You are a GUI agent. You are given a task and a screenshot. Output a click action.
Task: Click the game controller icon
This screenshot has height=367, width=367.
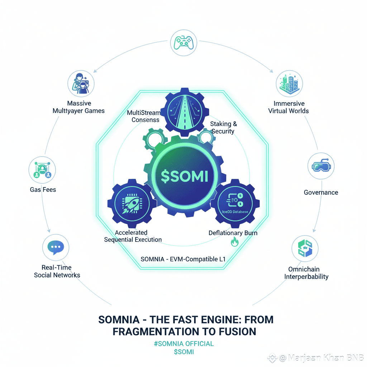click(x=183, y=42)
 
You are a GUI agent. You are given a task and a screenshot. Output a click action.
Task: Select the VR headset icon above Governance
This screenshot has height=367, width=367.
click(x=321, y=166)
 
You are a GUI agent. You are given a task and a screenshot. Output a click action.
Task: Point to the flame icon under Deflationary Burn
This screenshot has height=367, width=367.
click(x=235, y=243)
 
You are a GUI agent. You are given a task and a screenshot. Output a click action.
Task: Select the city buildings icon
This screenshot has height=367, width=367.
click(x=289, y=83)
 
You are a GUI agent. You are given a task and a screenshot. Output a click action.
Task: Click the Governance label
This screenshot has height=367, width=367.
click(x=321, y=192)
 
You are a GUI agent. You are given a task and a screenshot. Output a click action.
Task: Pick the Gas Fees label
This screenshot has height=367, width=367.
click(x=43, y=189)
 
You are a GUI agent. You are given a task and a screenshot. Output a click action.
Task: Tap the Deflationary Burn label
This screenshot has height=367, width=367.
click(x=233, y=233)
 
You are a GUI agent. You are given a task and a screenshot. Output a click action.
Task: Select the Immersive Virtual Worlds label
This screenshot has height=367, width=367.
click(x=289, y=107)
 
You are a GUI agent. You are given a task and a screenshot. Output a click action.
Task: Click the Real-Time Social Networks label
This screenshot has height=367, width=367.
click(x=57, y=271)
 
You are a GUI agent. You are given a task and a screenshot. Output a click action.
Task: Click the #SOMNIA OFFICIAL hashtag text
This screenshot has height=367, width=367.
click(x=183, y=344)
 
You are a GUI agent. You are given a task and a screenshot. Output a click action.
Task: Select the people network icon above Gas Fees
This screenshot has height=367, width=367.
click(x=42, y=169)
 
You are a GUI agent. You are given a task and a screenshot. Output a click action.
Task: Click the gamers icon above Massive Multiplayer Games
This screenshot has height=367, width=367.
click(x=81, y=84)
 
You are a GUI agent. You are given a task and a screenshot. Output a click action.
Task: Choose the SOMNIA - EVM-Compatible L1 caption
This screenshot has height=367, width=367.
click(x=183, y=259)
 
